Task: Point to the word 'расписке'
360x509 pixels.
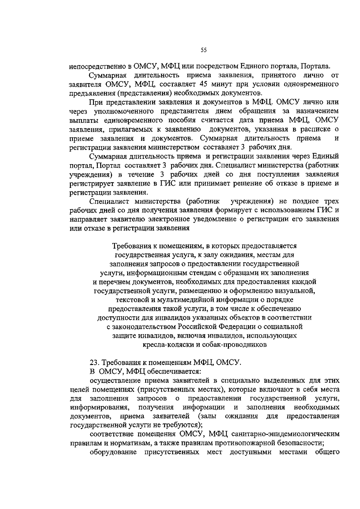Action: tap(317, 129)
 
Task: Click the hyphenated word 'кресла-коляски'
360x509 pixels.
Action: tap(168, 345)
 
